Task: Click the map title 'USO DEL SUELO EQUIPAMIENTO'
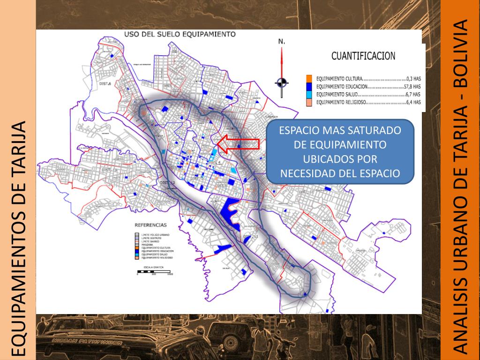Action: tap(179, 34)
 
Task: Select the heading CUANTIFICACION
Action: tap(363, 56)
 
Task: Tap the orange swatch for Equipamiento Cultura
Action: tap(309, 78)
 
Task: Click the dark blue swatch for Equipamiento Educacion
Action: tap(309, 86)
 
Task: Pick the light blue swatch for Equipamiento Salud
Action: tap(309, 94)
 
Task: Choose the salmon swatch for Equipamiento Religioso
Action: tap(309, 102)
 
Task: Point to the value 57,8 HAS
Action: tap(412, 87)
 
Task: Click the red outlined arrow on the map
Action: tap(239, 143)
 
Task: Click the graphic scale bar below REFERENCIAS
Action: tap(155, 271)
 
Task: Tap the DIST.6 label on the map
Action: tap(105, 83)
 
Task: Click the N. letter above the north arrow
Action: tap(282, 42)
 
